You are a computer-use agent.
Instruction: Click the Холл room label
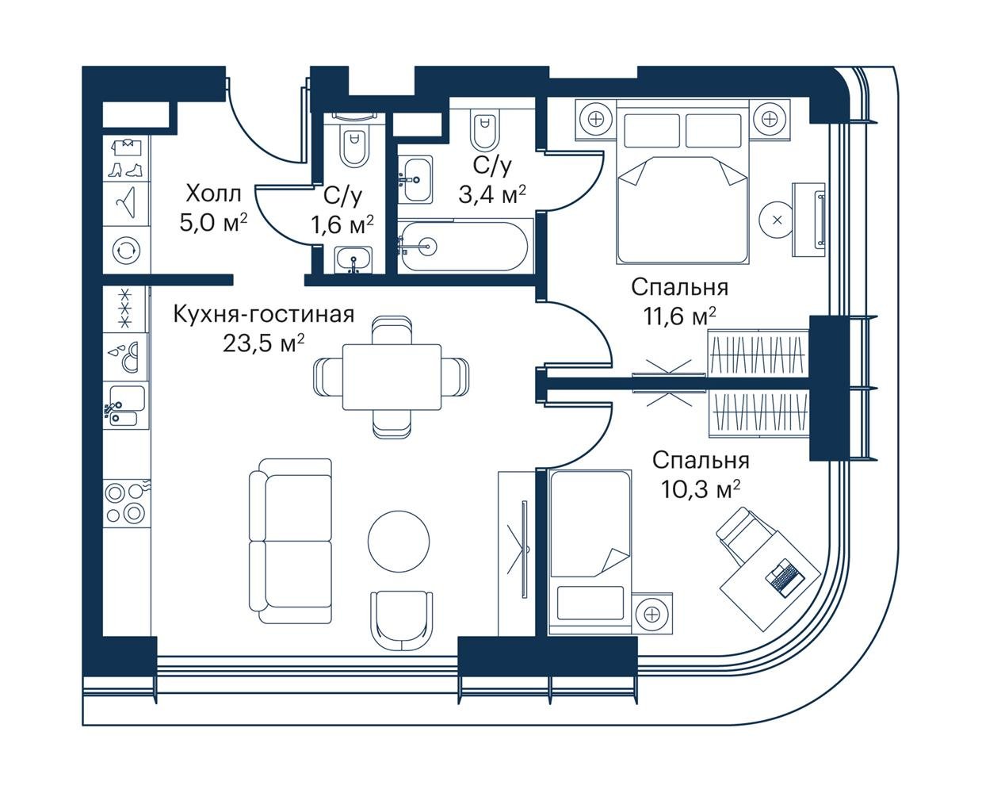(213, 194)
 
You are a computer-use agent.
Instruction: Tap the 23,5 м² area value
(263, 343)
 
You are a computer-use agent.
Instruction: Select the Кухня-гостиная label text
(264, 315)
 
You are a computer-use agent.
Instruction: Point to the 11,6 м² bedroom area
(679, 316)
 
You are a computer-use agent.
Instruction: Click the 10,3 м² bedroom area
(701, 489)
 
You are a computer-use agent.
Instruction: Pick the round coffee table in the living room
(399, 541)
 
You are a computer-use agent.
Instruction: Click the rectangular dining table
(392, 377)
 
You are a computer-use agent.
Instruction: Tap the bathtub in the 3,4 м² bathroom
(464, 247)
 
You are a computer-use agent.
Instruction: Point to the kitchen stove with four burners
(126, 504)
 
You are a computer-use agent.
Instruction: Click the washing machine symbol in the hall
(126, 251)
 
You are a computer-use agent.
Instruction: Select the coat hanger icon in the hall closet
(125, 203)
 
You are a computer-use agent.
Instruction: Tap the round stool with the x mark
(778, 220)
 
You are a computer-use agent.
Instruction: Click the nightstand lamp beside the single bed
(651, 614)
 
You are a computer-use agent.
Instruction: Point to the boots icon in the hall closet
(125, 169)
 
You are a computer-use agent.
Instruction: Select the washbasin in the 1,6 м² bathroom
(353, 259)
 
